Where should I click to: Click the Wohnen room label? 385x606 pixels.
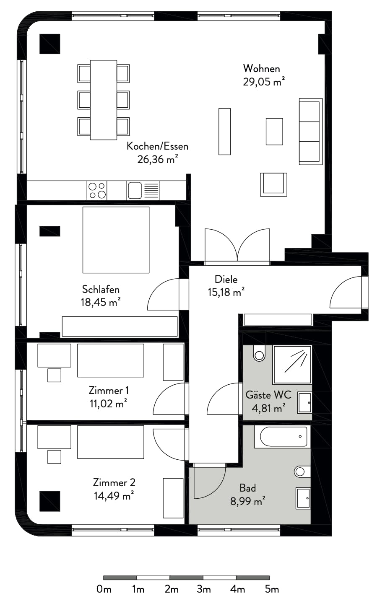[261, 68]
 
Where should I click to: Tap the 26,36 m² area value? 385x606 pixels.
[157, 159]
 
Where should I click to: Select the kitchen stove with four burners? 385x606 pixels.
[97, 190]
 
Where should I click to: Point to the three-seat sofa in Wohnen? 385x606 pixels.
[310, 131]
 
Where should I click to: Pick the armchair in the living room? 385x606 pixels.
[274, 184]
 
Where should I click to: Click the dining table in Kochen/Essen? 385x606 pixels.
[104, 100]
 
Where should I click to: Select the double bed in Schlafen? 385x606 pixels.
[116, 240]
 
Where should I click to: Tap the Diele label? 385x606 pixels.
[226, 279]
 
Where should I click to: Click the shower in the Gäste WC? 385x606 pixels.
[292, 365]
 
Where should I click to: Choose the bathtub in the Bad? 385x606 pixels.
[282, 436]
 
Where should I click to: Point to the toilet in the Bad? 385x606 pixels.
[302, 471]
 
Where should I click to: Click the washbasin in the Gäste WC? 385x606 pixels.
[304, 402]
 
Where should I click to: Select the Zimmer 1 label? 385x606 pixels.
[109, 391]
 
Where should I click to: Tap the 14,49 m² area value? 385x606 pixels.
[114, 496]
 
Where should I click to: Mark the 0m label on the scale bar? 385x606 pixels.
[104, 589]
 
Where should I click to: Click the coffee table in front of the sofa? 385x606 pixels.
[274, 131]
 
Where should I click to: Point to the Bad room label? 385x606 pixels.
[247, 488]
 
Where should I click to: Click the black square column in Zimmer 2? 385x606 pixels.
[49, 501]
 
